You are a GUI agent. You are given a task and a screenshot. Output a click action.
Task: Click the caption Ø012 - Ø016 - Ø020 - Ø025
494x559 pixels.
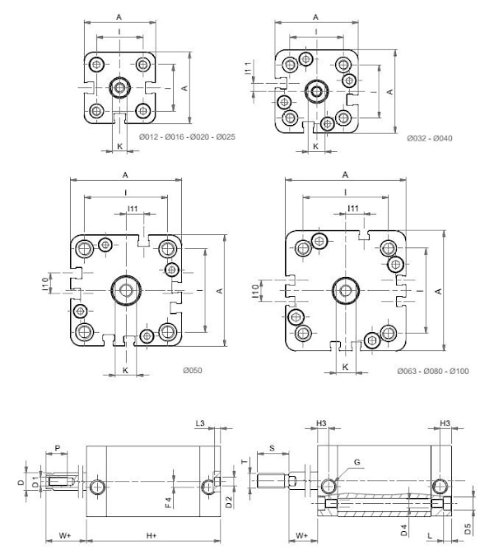tap(187, 136)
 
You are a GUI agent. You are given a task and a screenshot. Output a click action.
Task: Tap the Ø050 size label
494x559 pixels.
tap(192, 371)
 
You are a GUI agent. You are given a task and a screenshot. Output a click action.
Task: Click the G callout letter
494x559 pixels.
tap(357, 463)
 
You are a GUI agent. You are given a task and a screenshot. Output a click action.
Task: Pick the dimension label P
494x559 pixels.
tap(57, 446)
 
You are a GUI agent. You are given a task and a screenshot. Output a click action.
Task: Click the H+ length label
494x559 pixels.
tap(151, 536)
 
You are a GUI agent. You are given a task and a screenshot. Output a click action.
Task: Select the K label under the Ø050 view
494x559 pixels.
tap(125, 371)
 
